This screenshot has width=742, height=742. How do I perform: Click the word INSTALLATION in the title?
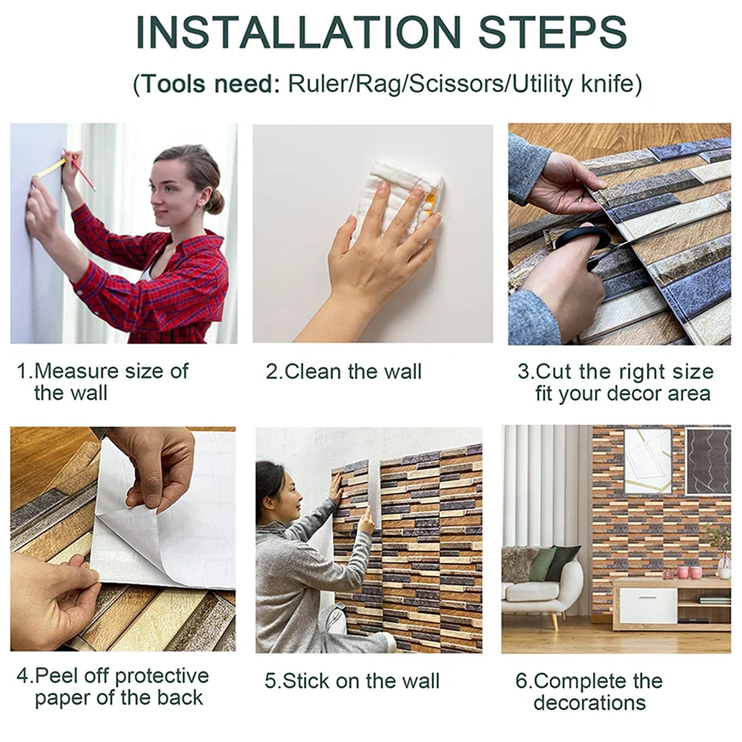click(298, 32)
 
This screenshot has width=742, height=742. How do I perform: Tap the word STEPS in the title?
click(552, 32)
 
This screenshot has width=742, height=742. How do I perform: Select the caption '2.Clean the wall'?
click(344, 372)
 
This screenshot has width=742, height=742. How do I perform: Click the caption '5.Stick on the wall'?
click(352, 681)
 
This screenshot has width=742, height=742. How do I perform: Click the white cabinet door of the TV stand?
click(648, 605)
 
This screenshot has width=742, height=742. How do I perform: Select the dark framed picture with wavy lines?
click(708, 461)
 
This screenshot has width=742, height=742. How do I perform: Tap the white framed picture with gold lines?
click(648, 461)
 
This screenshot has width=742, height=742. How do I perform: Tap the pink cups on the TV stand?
click(689, 572)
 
